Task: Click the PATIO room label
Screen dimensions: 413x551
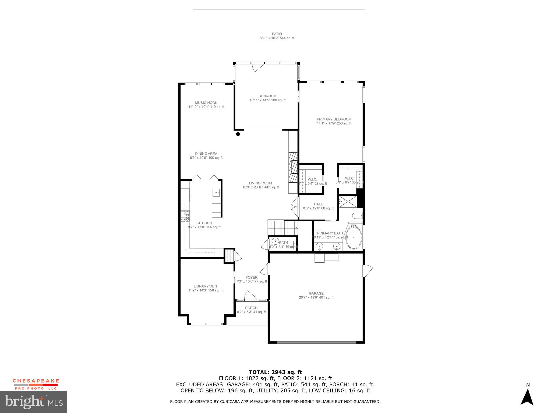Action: coord(277,34)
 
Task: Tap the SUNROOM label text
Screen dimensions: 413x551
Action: coord(267,96)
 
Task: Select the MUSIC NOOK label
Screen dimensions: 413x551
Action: coord(206,103)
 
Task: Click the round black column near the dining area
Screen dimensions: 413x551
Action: coord(238,134)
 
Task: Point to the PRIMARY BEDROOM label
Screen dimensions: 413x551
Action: coord(334,119)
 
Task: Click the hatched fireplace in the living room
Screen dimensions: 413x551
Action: coord(293,167)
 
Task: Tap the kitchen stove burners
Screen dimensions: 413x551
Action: coord(185,216)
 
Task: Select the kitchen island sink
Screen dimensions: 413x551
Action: coord(217,193)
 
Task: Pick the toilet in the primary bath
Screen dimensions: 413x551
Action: coord(358,216)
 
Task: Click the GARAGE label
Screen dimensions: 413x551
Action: coord(316,293)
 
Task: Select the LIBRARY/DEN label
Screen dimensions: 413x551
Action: coord(205,286)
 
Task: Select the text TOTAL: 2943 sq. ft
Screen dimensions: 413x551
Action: coord(275,372)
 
